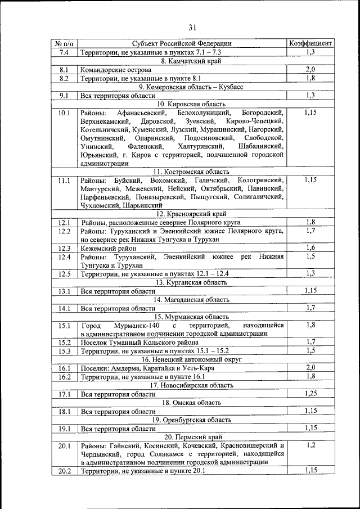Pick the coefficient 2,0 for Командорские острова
click(x=310, y=70)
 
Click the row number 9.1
click(x=64, y=96)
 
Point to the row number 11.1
click(x=64, y=181)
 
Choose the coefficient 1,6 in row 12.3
click(x=310, y=248)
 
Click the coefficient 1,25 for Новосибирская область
click(x=310, y=394)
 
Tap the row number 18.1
click(x=64, y=411)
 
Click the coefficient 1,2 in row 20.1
click(x=310, y=445)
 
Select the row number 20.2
click(x=64, y=471)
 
